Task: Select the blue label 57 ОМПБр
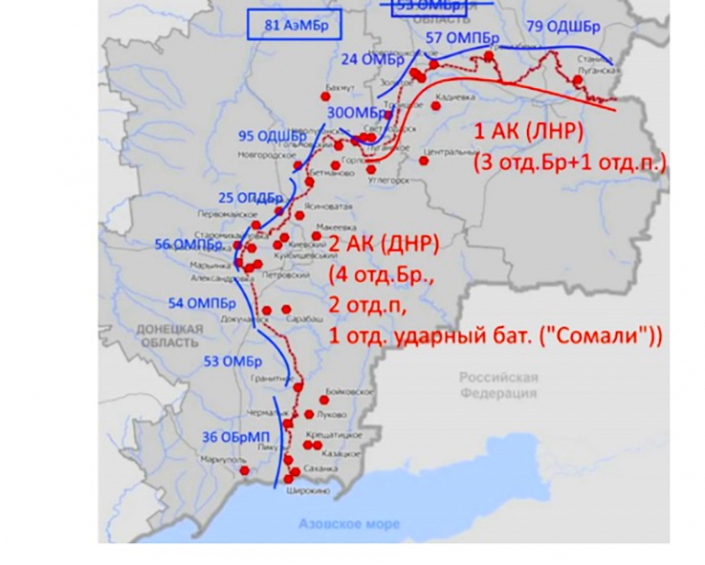[463, 38]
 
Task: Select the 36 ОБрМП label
[230, 436]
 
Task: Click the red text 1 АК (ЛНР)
[527, 131]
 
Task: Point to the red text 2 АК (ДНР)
[385, 243]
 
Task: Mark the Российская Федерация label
[498, 385]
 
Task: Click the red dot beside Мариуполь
[244, 471]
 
